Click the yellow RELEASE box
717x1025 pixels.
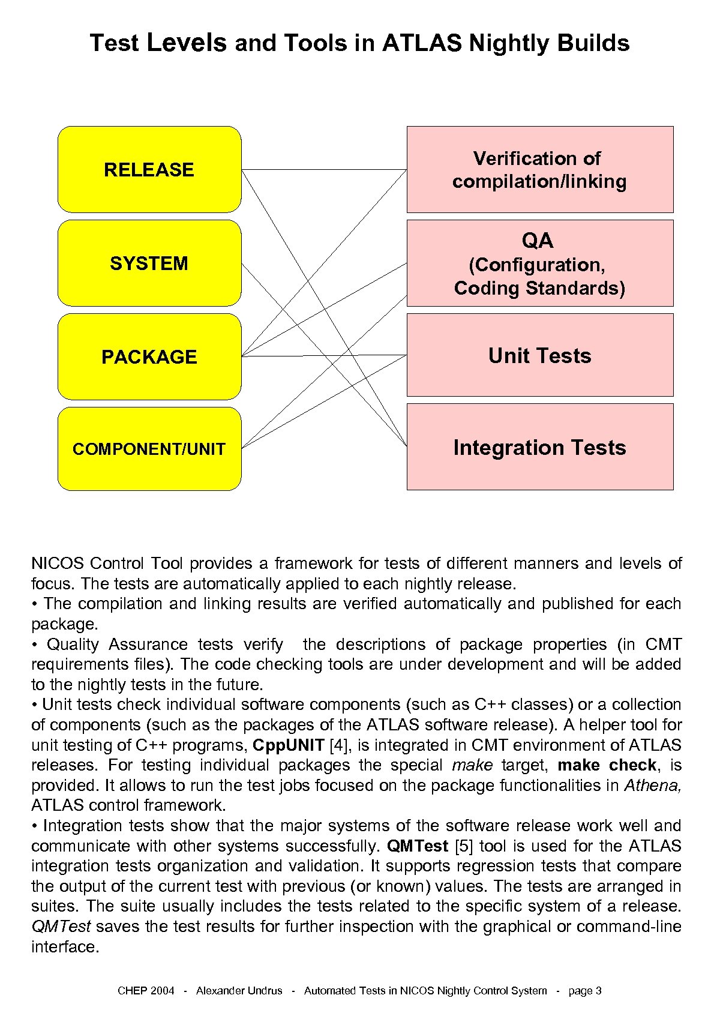click(x=149, y=169)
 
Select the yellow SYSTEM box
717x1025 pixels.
click(x=149, y=263)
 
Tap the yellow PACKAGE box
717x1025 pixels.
click(x=149, y=356)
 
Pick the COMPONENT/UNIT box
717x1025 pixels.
click(x=149, y=449)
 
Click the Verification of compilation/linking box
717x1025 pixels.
click(x=539, y=169)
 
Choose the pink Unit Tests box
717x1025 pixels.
click(x=539, y=355)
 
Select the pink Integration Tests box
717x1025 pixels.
click(x=539, y=447)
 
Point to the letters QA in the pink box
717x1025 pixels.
click(x=538, y=241)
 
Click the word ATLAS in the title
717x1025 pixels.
click(x=422, y=43)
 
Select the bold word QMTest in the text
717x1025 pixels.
click(x=418, y=846)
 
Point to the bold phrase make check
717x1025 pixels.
click(x=607, y=766)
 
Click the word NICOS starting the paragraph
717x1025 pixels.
click(x=58, y=564)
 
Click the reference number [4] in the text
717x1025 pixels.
click(x=340, y=745)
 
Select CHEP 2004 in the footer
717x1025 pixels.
click(x=146, y=991)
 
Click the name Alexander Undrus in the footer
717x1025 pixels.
click(x=239, y=991)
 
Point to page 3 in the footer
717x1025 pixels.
click(x=585, y=991)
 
